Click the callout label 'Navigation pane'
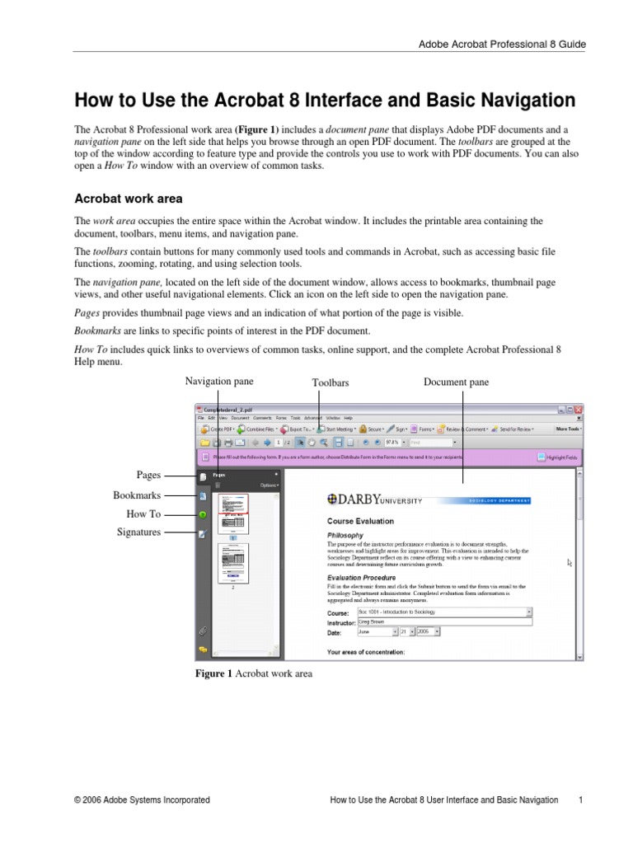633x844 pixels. click(219, 382)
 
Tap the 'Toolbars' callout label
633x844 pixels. click(331, 382)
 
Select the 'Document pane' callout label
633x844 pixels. click(456, 382)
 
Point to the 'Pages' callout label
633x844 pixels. click(148, 476)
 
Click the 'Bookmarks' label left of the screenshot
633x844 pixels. click(137, 495)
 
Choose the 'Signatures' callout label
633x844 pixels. click(138, 532)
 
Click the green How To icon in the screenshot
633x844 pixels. click(202, 515)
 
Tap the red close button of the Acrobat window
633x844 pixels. click(579, 410)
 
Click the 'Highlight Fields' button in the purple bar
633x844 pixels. click(557, 457)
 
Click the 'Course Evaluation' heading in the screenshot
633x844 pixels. click(360, 521)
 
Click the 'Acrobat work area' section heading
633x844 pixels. click(129, 199)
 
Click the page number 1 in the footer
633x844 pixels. click(581, 799)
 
